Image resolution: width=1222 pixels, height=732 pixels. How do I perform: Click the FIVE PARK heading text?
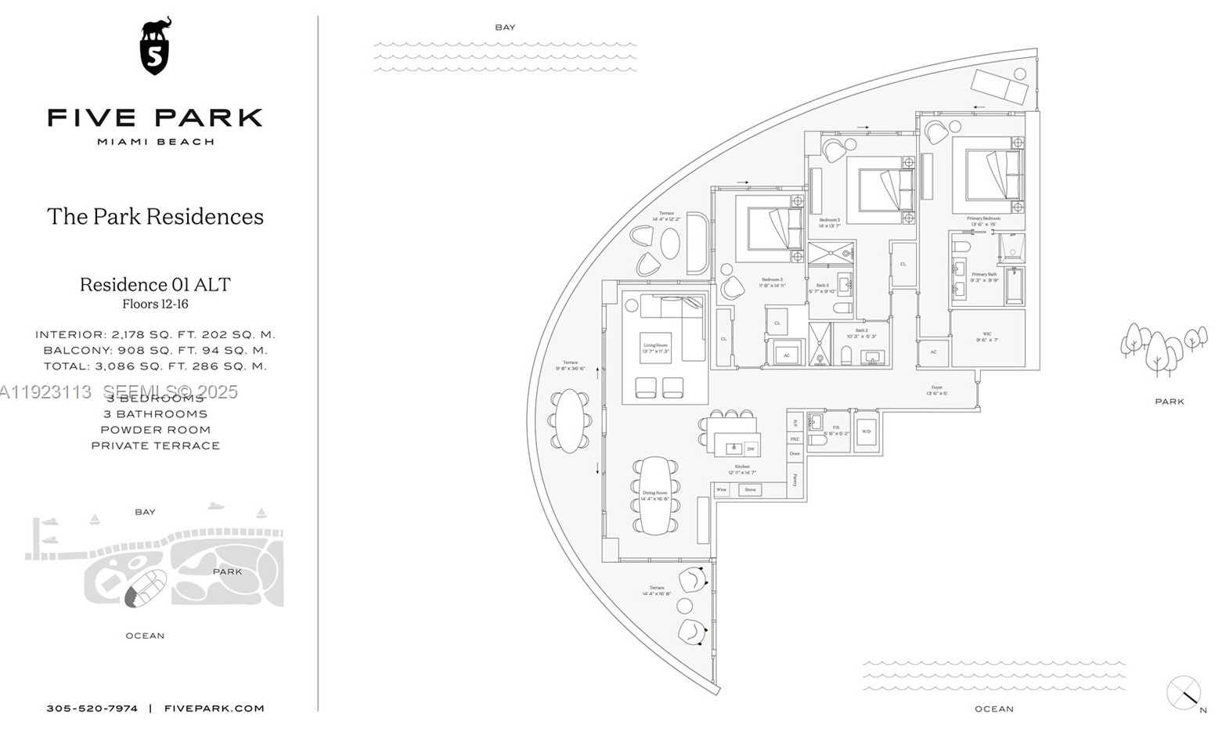coord(155,118)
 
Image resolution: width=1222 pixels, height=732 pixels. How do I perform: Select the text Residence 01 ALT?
coord(155,284)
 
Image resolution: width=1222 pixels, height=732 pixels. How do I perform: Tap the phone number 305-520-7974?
coord(92,709)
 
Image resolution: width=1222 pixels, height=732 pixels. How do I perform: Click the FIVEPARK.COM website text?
coord(214,709)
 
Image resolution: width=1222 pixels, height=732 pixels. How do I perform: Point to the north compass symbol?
coord(1183,693)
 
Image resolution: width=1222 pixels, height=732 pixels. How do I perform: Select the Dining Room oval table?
coord(655,496)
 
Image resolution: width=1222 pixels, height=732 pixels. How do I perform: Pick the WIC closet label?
coord(986,337)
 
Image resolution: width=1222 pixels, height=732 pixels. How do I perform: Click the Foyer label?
coord(936,390)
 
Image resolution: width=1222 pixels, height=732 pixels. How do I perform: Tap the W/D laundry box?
coord(866,431)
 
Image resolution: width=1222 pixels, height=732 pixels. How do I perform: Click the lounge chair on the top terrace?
coord(1000,86)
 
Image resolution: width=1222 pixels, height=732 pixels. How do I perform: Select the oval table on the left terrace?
coord(569,420)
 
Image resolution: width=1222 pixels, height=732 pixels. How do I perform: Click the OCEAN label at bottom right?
coord(993,709)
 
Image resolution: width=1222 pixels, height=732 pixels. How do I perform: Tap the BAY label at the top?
coord(505,27)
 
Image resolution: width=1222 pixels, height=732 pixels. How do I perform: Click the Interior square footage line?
coord(155,334)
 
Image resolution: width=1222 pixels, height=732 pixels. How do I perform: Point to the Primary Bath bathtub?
coord(1015,286)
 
